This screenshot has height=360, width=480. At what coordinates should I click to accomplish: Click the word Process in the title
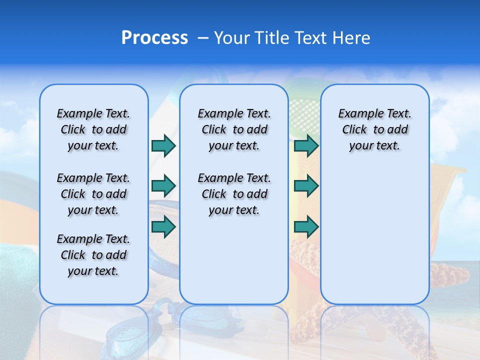(154, 38)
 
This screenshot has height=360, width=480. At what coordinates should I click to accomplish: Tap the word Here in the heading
(350, 38)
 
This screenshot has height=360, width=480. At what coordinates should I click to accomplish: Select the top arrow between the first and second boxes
(163, 145)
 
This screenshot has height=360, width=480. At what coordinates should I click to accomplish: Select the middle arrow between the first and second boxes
(163, 186)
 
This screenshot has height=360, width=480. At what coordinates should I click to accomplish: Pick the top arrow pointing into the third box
(306, 145)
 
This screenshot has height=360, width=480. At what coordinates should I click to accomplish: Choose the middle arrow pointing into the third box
(306, 186)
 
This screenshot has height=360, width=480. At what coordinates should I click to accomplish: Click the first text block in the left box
(93, 129)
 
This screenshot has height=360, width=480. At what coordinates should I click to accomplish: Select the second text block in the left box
(93, 194)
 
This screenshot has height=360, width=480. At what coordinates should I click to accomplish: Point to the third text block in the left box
(93, 255)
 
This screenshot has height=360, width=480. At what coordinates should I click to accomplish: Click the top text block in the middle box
(234, 129)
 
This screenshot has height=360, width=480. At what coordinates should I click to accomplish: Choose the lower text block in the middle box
(234, 194)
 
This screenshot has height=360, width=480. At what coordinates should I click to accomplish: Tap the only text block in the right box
(374, 129)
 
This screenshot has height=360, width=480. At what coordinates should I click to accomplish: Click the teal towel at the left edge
(17, 270)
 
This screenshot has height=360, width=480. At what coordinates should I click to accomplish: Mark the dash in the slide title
(203, 38)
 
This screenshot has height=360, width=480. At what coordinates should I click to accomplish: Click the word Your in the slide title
(232, 38)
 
